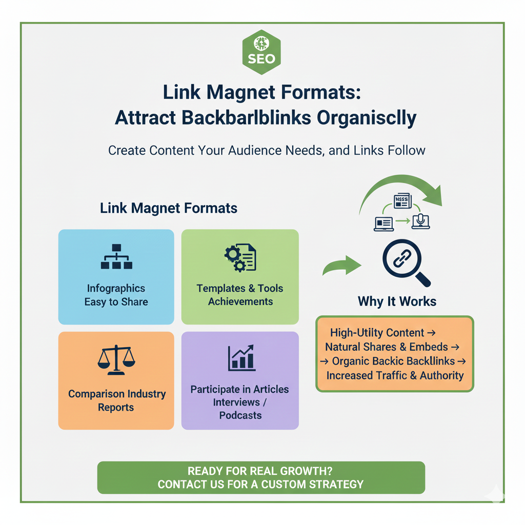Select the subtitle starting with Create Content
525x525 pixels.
pyautogui.click(x=267, y=151)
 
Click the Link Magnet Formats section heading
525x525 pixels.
pyautogui.click(x=169, y=208)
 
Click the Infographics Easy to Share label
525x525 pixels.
pyautogui.click(x=116, y=295)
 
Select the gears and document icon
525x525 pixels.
pyautogui.click(x=240, y=258)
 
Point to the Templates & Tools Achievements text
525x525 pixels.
pyautogui.click(x=240, y=295)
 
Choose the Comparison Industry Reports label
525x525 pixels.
pyautogui.click(x=116, y=400)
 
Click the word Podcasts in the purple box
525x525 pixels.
pyautogui.click(x=240, y=415)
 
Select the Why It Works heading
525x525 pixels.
pyautogui.click(x=397, y=301)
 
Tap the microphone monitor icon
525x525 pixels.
pyautogui.click(x=420, y=221)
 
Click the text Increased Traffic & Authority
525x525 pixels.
pyautogui.click(x=395, y=375)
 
